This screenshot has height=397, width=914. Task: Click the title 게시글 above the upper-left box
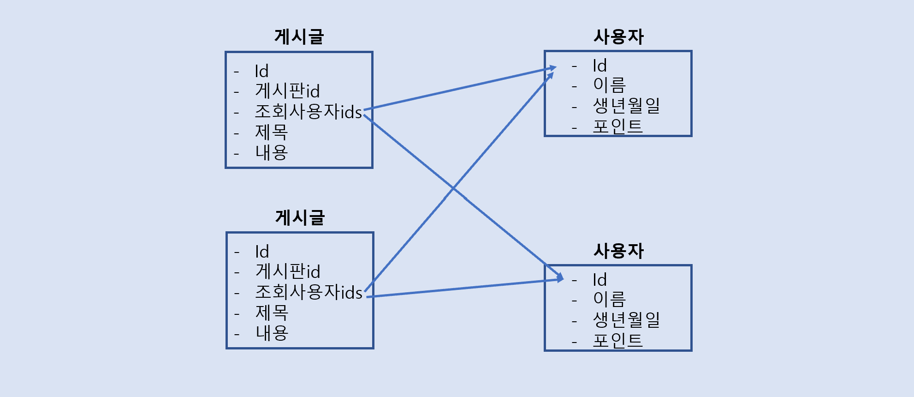coord(299,37)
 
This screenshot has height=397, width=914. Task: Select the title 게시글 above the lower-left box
coord(300,217)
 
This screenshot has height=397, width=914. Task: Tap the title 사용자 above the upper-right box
coord(618,37)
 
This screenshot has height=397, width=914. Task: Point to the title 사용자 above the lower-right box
coord(618,251)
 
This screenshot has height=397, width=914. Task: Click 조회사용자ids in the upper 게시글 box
coord(308,112)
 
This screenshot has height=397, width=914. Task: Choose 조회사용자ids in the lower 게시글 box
coord(309,292)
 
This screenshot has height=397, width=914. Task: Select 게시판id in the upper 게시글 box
coord(287,91)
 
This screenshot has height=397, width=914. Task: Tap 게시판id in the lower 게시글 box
coord(288,271)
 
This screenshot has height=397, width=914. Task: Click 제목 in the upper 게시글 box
coord(272,132)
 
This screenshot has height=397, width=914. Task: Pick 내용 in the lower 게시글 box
coord(272,333)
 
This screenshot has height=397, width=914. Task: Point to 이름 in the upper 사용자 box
coord(609,85)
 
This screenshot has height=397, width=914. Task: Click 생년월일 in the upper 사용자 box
coord(626,106)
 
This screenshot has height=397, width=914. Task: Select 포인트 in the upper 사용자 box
coord(617,126)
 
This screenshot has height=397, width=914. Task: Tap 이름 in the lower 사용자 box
coord(609,299)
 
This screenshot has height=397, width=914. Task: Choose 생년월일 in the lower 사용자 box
coord(626,319)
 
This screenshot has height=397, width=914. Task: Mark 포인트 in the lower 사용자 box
coord(617,340)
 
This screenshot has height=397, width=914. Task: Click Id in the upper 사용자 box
coord(599,66)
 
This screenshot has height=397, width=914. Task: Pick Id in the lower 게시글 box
coord(262,252)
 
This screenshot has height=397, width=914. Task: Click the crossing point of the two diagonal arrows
coord(453,188)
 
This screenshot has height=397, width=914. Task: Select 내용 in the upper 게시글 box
coord(272,152)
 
